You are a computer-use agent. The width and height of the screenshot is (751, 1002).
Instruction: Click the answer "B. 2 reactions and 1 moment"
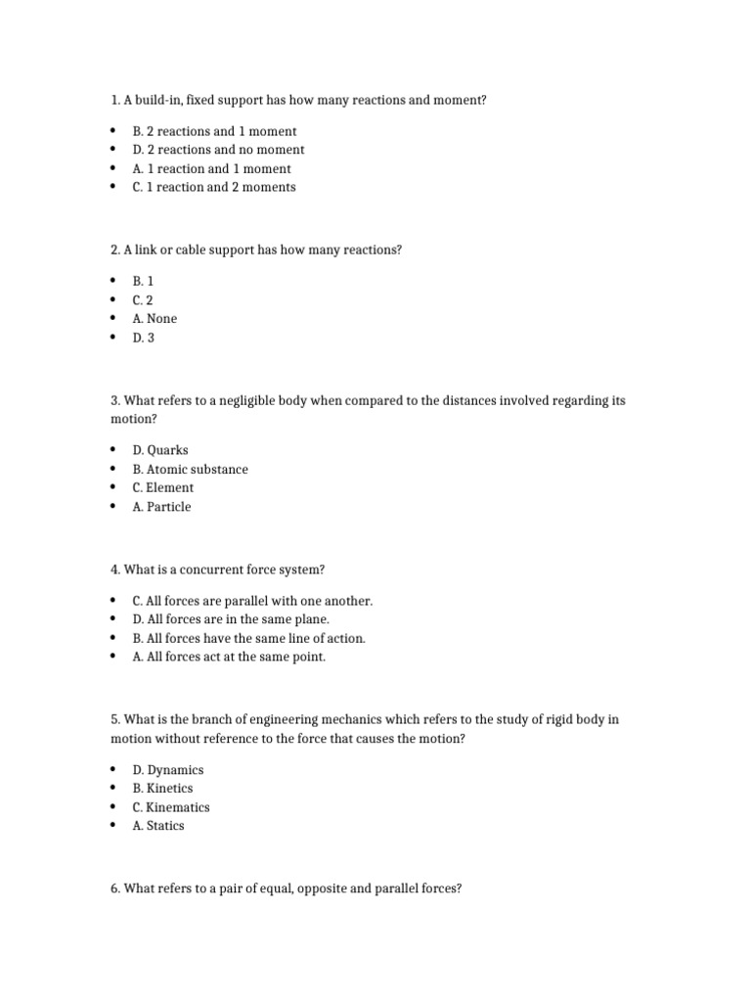pyautogui.click(x=214, y=131)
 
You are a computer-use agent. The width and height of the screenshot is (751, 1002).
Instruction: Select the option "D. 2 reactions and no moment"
pyautogui.click(x=218, y=150)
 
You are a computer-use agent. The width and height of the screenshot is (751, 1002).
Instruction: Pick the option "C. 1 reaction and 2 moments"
pyautogui.click(x=213, y=187)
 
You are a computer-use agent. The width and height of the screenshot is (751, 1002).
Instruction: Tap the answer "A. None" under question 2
pyautogui.click(x=155, y=319)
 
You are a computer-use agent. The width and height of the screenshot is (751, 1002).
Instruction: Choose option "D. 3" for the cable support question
pyautogui.click(x=144, y=338)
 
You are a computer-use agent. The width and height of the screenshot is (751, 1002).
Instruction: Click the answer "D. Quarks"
pyautogui.click(x=160, y=450)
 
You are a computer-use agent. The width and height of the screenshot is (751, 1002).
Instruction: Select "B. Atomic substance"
pyautogui.click(x=190, y=470)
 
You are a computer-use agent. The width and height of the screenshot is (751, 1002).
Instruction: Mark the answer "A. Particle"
pyautogui.click(x=161, y=507)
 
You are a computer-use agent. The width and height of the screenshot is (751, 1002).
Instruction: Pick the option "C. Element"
pyautogui.click(x=163, y=488)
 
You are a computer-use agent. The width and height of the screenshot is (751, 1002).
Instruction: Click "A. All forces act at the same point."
pyautogui.click(x=229, y=658)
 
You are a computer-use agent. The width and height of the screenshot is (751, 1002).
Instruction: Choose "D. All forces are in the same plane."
pyautogui.click(x=231, y=619)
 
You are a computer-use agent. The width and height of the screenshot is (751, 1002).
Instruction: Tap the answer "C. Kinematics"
pyautogui.click(x=171, y=807)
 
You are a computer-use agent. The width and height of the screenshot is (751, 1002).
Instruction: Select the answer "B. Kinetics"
pyautogui.click(x=162, y=789)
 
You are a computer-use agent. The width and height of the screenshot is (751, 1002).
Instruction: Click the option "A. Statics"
pyautogui.click(x=158, y=826)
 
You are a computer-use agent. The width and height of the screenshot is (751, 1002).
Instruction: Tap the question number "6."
pyautogui.click(x=115, y=889)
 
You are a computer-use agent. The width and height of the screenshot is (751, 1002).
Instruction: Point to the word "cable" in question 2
pyautogui.click(x=186, y=250)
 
